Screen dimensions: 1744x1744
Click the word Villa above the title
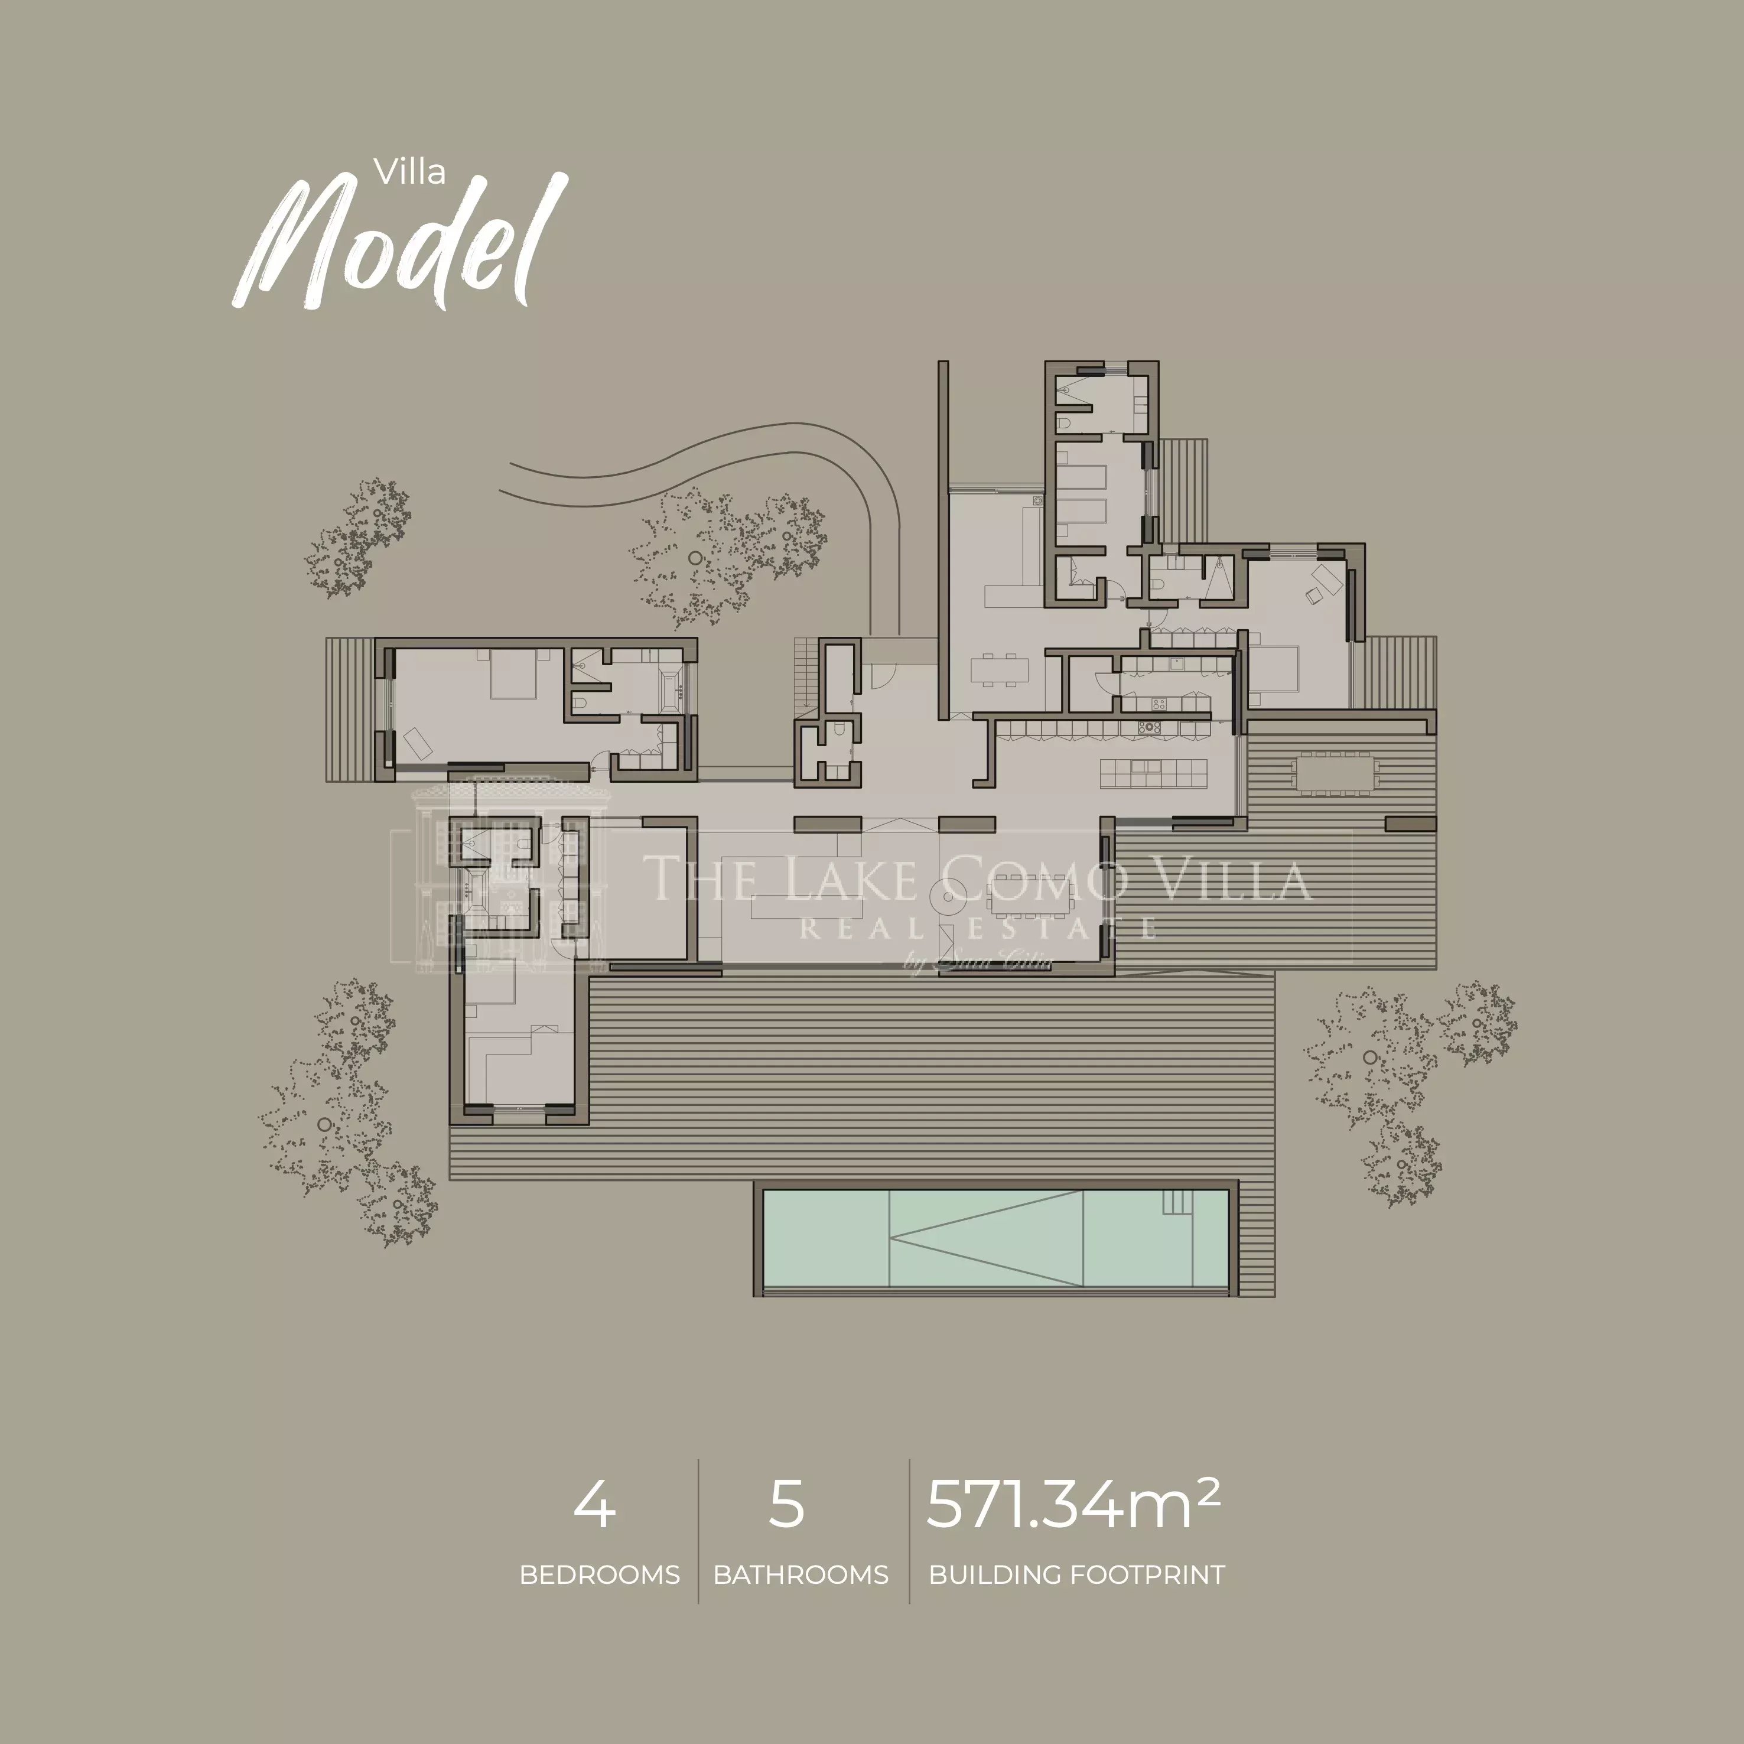click(411, 171)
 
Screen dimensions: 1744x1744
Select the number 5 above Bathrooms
click(786, 1504)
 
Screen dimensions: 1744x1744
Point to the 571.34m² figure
click(1074, 1503)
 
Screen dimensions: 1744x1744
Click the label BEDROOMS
click(600, 1575)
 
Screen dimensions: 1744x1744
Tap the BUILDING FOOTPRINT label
click(1077, 1575)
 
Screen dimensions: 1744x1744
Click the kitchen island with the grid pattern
click(1153, 773)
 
